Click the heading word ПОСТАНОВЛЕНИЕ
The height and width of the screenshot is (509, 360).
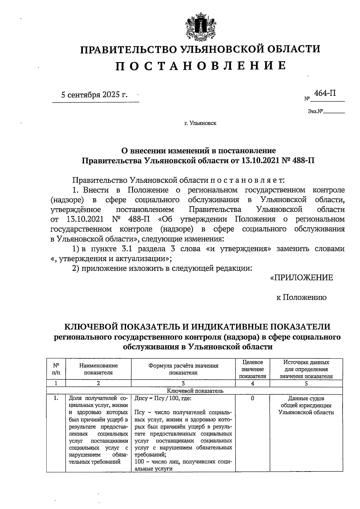coord(200,65)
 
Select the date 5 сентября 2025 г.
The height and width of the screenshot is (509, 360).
coord(94,95)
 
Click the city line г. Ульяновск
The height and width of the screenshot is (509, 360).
coord(200,123)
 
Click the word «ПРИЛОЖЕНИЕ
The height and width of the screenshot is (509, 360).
coord(301,277)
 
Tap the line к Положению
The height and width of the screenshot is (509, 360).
coord(301,297)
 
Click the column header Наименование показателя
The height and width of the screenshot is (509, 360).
coord(98,369)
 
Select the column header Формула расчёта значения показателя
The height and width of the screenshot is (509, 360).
coord(183,369)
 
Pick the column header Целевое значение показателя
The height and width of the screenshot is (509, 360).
coord(252,369)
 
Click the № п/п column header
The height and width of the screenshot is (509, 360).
coord(56,369)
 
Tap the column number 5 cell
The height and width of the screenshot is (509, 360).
coord(306,383)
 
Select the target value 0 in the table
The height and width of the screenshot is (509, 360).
coord(252,399)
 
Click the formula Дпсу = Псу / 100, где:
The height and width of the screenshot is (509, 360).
coord(163,399)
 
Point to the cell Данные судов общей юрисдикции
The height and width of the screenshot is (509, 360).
coord(306,405)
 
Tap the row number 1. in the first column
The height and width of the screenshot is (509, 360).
coord(56,399)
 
